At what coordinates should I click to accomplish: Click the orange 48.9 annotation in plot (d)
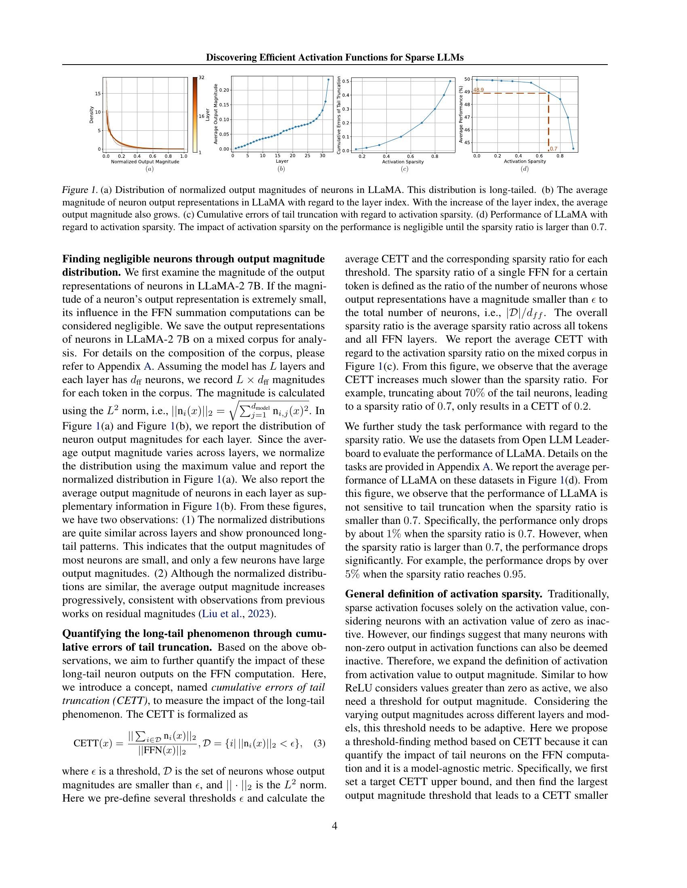[x=478, y=90]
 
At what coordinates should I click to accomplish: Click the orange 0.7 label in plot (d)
[x=554, y=149]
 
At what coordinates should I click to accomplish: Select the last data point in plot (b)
[x=329, y=79]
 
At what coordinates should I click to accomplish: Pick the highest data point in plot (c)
[x=450, y=81]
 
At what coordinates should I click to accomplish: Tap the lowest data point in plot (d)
[x=573, y=149]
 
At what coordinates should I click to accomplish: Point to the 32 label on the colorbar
[x=202, y=77]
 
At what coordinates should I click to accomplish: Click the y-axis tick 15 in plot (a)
[x=98, y=94]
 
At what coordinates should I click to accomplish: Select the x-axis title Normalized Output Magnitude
[x=145, y=162]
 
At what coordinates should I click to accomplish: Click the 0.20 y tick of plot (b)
[x=224, y=90]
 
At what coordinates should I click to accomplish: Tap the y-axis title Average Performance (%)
[x=461, y=114]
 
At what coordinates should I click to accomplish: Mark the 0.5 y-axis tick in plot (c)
[x=346, y=81]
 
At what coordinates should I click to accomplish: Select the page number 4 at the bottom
[x=335, y=826]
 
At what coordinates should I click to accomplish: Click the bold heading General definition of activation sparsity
[x=444, y=594]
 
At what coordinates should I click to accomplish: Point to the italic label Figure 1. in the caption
[x=80, y=190]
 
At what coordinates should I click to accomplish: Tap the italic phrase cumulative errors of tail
[x=268, y=687]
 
